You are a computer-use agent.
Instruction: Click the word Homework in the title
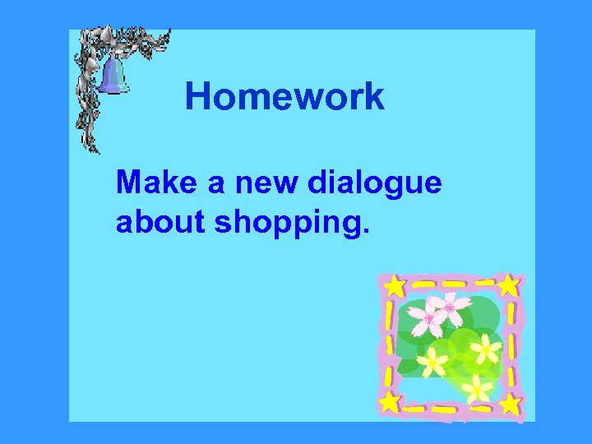[x=284, y=96]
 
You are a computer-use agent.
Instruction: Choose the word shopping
[x=286, y=224]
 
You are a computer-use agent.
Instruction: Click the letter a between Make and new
[x=217, y=183]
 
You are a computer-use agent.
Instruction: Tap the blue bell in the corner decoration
[x=114, y=76]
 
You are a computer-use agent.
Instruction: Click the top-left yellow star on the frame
[x=395, y=286]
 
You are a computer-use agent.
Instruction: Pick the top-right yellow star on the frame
[x=509, y=285]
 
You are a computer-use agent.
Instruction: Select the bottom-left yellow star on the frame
[x=390, y=401]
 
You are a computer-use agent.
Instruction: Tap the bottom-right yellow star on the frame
[x=511, y=404]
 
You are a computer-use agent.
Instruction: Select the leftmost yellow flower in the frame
[x=432, y=360]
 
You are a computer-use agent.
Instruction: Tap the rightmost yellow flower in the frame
[x=486, y=349]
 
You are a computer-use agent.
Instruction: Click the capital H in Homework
[x=197, y=96]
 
